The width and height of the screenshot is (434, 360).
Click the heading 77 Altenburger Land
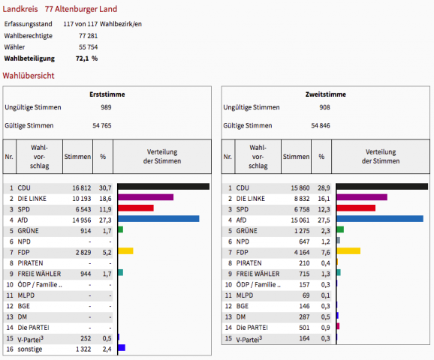click(81, 9)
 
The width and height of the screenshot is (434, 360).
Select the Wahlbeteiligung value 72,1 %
click(86, 58)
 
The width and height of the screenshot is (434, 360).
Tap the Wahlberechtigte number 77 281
click(89, 36)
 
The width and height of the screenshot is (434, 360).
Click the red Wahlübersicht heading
click(29, 76)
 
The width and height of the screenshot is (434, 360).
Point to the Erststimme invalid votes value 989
click(106, 107)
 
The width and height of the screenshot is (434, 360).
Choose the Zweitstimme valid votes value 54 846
click(321, 125)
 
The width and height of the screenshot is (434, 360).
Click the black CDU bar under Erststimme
click(164, 187)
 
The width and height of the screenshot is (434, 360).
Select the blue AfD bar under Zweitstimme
click(380, 219)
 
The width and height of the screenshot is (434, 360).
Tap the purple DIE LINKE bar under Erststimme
click(146, 197)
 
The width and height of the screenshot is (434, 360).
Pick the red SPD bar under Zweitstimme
click(356, 208)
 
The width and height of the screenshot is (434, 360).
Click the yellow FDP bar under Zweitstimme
click(348, 250)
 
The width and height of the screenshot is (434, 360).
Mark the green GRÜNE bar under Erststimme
click(120, 229)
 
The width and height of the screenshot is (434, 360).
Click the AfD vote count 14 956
click(82, 220)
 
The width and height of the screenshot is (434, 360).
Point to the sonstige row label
click(30, 349)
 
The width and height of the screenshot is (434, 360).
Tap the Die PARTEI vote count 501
click(304, 328)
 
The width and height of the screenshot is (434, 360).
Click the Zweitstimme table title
click(326, 94)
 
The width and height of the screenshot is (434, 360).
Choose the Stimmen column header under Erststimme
click(77, 157)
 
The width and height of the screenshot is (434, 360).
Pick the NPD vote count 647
click(304, 241)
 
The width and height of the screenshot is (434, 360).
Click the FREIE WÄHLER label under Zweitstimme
click(258, 274)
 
